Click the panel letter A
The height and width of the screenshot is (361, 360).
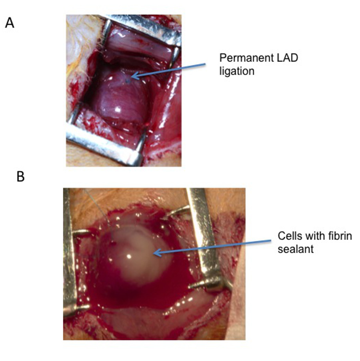tap(9, 23)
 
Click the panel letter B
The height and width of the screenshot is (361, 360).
tap(20, 176)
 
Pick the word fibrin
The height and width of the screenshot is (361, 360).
tap(339, 236)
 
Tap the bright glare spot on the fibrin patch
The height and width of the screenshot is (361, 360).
tap(129, 255)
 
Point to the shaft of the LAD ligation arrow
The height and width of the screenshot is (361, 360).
tap(172, 70)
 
